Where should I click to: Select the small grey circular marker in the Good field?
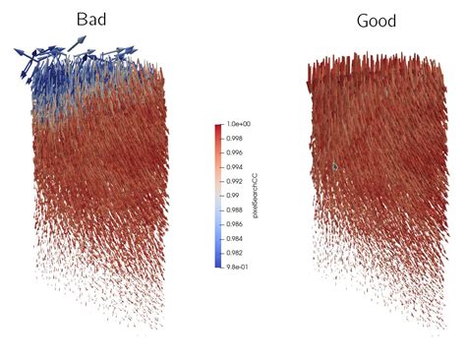tap(335, 166)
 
